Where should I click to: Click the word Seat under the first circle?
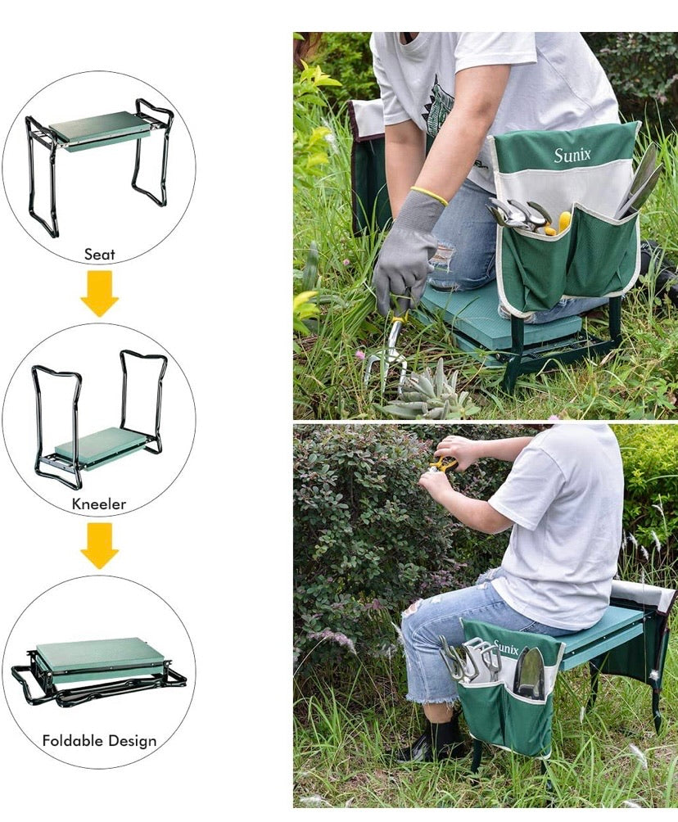pyautogui.click(x=99, y=255)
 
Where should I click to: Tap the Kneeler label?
pyautogui.click(x=99, y=504)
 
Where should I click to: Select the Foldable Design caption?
pyautogui.click(x=99, y=741)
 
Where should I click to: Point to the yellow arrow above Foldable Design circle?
pyautogui.click(x=99, y=547)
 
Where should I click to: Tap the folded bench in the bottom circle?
pyautogui.click(x=97, y=663)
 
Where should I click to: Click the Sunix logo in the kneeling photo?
pyautogui.click(x=572, y=155)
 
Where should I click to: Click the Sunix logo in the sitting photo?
pyautogui.click(x=505, y=649)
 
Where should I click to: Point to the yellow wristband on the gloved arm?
pyautogui.click(x=429, y=195)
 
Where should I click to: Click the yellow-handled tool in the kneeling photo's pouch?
pyautogui.click(x=563, y=221)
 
